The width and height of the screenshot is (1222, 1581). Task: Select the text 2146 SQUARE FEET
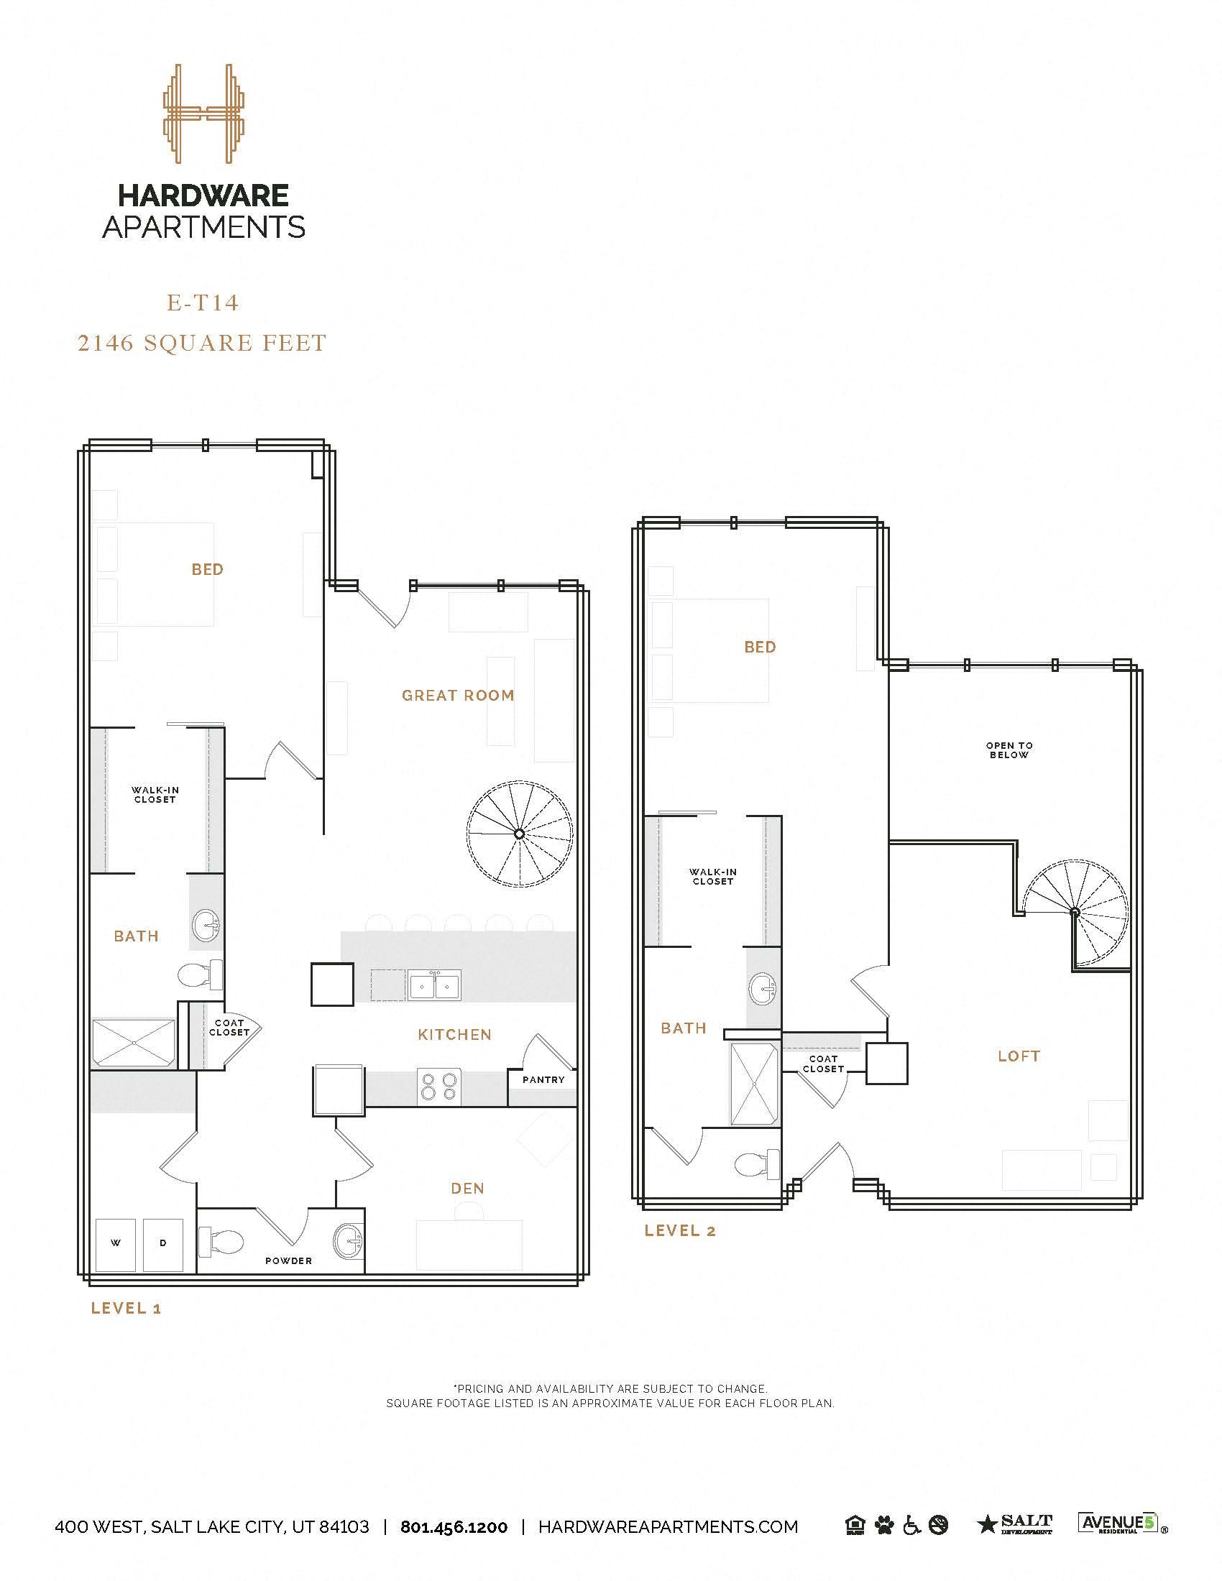202,342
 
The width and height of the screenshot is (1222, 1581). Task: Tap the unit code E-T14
203,303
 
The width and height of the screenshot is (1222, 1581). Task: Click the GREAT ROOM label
457,696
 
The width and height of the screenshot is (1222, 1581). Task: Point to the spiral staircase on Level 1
519,834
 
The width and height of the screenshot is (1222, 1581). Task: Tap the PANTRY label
543,1079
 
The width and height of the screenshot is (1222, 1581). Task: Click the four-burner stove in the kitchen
439,1087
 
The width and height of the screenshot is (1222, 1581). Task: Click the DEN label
468,1189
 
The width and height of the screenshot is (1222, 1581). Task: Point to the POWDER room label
288,1261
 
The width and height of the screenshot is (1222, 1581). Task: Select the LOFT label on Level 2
1019,1056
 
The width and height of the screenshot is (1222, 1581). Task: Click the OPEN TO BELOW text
1009,750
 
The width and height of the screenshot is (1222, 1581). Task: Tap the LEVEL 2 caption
680,1230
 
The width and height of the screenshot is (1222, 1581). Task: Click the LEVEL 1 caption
126,1308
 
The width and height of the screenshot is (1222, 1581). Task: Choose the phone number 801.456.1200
454,1527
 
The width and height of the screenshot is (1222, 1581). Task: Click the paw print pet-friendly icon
884,1526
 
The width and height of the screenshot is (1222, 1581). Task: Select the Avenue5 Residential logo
1120,1524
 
